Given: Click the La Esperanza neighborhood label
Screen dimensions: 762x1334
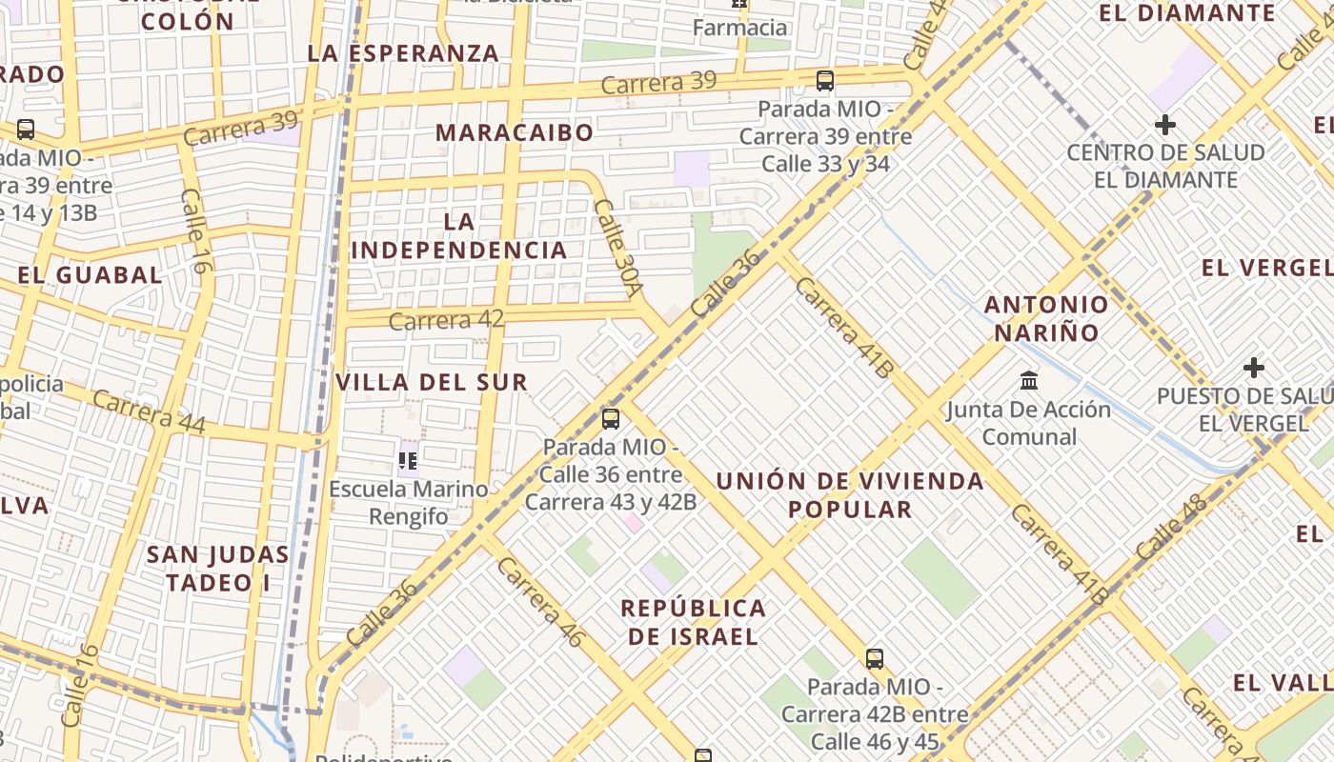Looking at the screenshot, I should click(x=404, y=53).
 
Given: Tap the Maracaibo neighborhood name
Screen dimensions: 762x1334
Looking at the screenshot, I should click(x=515, y=132).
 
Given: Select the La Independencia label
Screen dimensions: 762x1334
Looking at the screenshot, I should click(x=459, y=236).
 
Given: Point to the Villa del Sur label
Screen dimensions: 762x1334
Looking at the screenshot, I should click(x=432, y=383).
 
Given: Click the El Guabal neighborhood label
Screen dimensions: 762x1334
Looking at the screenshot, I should click(x=91, y=275).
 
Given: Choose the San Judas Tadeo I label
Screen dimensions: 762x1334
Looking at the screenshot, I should click(x=218, y=569).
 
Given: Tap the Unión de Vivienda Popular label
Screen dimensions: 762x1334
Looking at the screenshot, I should click(x=850, y=494).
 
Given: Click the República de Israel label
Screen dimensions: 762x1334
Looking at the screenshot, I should click(x=694, y=622).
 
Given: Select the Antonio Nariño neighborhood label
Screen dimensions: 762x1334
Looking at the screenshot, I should click(x=1047, y=318).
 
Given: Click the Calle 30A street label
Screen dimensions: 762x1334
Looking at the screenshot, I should click(x=619, y=247).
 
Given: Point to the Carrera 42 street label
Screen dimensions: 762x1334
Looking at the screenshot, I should click(x=446, y=321).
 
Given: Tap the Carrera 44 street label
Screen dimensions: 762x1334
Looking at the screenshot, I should click(x=149, y=412).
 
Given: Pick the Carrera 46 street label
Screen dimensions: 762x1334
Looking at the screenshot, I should click(x=539, y=602).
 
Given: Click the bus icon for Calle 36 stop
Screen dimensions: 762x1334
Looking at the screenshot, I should click(x=611, y=418).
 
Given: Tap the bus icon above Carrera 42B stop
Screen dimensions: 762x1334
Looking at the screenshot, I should click(x=875, y=658).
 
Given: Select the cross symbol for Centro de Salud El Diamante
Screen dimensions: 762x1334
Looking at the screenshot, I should click(x=1164, y=125).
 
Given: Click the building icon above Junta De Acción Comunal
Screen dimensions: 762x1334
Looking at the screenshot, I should click(x=1029, y=381).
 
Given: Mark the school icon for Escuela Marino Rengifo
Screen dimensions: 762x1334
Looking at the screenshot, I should click(x=409, y=462).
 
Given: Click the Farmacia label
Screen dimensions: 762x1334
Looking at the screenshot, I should click(x=740, y=28).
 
